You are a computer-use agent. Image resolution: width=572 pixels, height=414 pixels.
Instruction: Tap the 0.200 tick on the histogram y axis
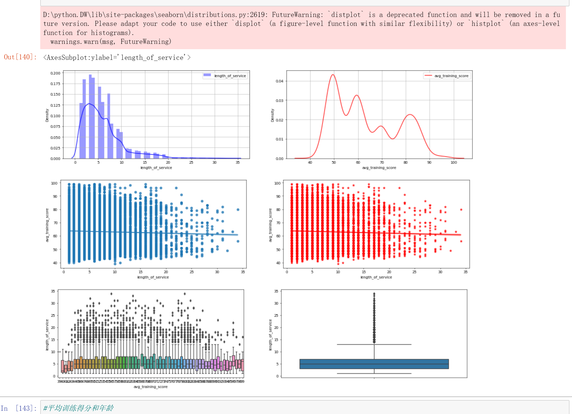pos(55,73)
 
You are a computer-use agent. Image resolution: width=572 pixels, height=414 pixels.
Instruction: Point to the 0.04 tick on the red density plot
pos(279,81)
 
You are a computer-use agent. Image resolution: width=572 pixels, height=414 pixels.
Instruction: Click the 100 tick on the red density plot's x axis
pos(454,162)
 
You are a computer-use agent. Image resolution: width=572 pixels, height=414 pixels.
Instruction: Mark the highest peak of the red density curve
pos(333,75)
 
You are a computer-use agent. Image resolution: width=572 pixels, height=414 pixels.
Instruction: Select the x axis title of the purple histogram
pos(156,168)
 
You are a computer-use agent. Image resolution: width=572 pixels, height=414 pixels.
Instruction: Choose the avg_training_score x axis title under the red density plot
pos(379,168)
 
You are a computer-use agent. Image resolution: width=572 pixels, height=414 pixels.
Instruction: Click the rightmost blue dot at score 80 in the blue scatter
pos(238,210)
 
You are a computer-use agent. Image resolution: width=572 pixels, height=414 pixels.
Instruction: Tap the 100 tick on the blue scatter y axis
pos(54,183)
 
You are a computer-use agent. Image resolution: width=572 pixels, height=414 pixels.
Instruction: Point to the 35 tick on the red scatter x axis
pos(465,272)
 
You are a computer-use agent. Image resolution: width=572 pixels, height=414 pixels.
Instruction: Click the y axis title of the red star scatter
pos(270,225)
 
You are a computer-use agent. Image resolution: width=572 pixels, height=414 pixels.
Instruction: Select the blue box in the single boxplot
pos(374,364)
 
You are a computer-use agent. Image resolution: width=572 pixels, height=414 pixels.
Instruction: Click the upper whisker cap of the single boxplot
pos(374,344)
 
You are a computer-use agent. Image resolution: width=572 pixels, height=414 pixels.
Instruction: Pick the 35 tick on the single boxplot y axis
pos(276,291)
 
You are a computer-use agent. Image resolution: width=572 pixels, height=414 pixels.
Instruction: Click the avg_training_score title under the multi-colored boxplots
pos(151,387)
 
